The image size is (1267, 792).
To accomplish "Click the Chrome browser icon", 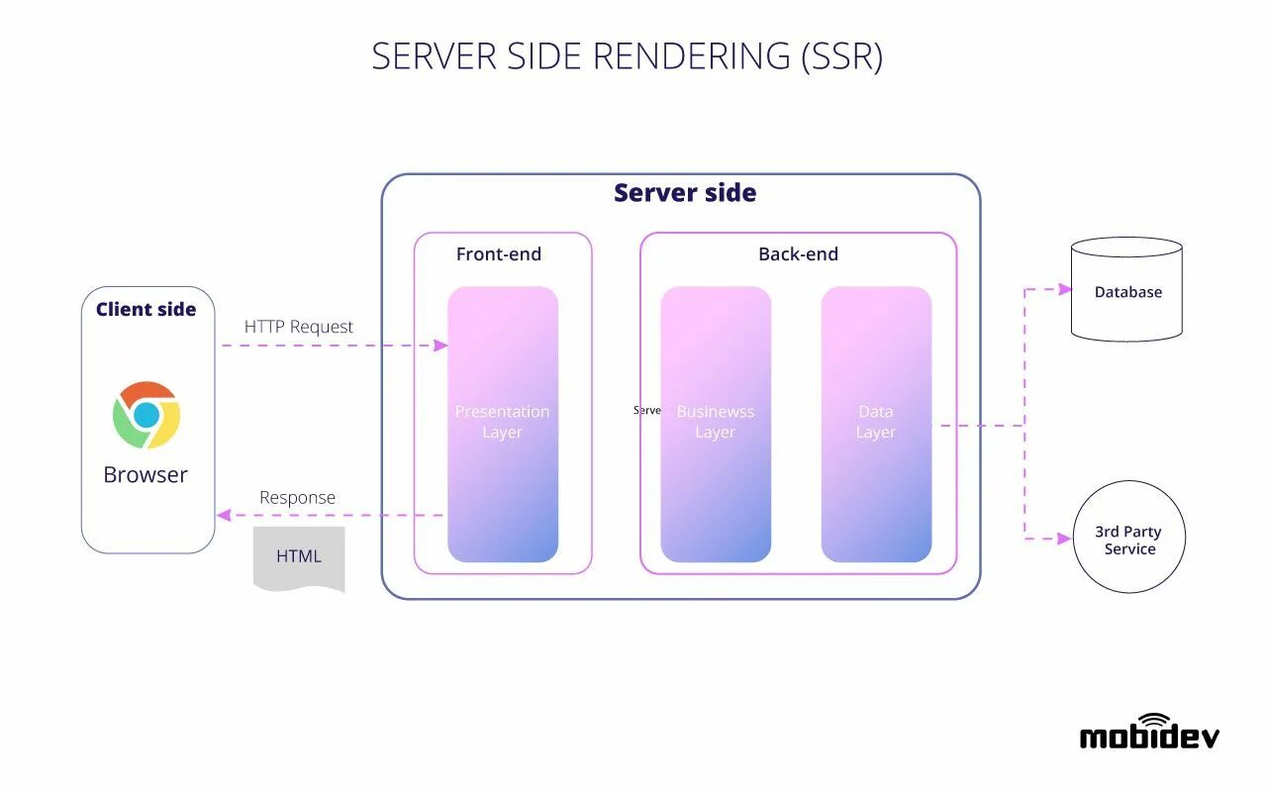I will (146, 415).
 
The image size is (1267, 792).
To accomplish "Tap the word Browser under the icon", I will (146, 475).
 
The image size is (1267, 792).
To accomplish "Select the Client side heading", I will (146, 310).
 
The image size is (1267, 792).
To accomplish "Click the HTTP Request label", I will (299, 327).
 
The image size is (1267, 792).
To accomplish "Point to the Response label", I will (297, 498).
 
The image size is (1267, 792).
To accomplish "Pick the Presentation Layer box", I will (503, 424).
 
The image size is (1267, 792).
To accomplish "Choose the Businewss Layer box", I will (716, 424).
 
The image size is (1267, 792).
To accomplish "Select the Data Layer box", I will (876, 424).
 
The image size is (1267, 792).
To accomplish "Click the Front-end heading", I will (499, 254).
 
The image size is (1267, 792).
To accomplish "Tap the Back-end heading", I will (798, 254).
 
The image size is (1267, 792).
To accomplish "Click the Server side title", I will (685, 193).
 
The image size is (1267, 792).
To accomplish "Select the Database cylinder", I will (1127, 290).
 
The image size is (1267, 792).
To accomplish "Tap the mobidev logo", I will (1149, 732).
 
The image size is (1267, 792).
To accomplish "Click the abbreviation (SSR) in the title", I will (840, 56).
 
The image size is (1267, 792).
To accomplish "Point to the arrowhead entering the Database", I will (1065, 289).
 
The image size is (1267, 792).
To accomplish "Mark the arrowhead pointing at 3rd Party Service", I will (1065, 539).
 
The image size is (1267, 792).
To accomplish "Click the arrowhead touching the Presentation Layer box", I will (440, 346).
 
